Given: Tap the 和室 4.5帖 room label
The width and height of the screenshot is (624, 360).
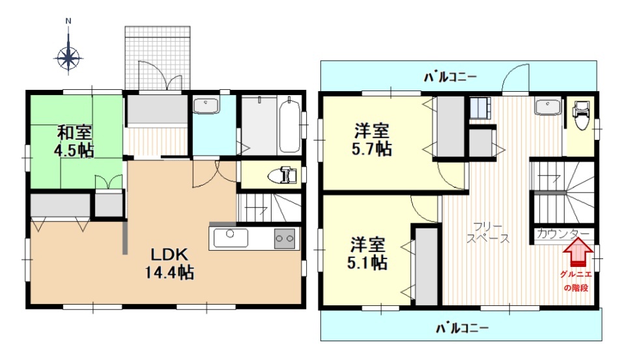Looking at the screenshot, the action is (x=74, y=141).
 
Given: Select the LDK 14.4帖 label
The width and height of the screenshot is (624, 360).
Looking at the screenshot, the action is (x=169, y=264).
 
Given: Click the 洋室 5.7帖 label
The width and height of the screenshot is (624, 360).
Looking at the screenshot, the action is (x=372, y=139).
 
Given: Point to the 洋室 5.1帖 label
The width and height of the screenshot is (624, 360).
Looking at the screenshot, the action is (x=368, y=253).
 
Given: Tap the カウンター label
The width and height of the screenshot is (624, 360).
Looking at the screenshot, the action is (x=563, y=234).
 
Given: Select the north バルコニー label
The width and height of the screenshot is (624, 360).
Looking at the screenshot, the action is (x=449, y=77).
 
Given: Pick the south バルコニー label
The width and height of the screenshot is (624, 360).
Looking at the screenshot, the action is (x=462, y=329).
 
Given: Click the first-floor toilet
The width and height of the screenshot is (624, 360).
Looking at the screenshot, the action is (x=283, y=175).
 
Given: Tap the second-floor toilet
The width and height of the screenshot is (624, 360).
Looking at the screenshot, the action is (x=581, y=115).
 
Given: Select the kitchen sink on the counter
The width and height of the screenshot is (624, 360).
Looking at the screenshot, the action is (x=231, y=238).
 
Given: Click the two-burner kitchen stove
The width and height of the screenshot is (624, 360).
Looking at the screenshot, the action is (x=285, y=239).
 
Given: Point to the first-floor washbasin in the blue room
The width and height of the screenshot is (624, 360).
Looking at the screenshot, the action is (x=206, y=106).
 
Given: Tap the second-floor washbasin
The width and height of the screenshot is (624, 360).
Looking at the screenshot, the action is (x=548, y=107).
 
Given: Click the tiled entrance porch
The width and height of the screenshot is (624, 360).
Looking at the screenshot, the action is (x=158, y=58).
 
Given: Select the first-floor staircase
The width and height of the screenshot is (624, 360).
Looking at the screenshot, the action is (x=269, y=208).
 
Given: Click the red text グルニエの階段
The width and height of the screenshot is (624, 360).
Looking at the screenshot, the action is (x=576, y=281).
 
